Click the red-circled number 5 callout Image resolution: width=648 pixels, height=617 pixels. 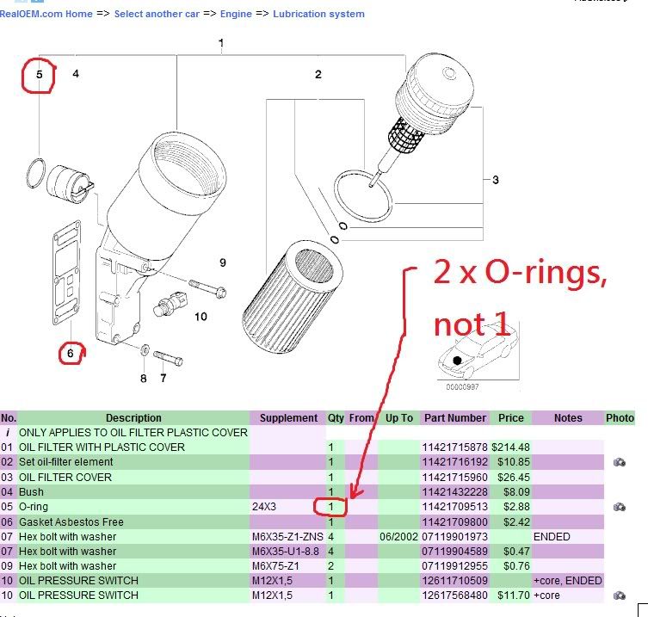click(39, 76)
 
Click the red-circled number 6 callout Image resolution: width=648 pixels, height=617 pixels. click(71, 352)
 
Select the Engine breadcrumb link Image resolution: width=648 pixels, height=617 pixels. click(236, 14)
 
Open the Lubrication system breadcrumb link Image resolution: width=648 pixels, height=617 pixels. click(318, 14)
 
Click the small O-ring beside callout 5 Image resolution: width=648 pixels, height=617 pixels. click(35, 172)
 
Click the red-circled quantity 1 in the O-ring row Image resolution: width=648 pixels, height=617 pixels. click(330, 507)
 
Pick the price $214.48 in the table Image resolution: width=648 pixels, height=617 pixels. click(511, 447)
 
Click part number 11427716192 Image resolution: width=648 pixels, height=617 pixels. click(454, 462)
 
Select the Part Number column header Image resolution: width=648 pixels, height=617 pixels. click(454, 418)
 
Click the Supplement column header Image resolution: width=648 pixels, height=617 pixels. click(288, 418)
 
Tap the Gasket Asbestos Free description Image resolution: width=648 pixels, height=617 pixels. click(71, 522)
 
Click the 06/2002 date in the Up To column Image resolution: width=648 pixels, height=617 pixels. click(398, 537)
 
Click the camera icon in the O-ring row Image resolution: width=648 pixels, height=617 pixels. click(619, 507)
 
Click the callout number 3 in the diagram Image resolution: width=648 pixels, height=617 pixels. click(496, 180)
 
